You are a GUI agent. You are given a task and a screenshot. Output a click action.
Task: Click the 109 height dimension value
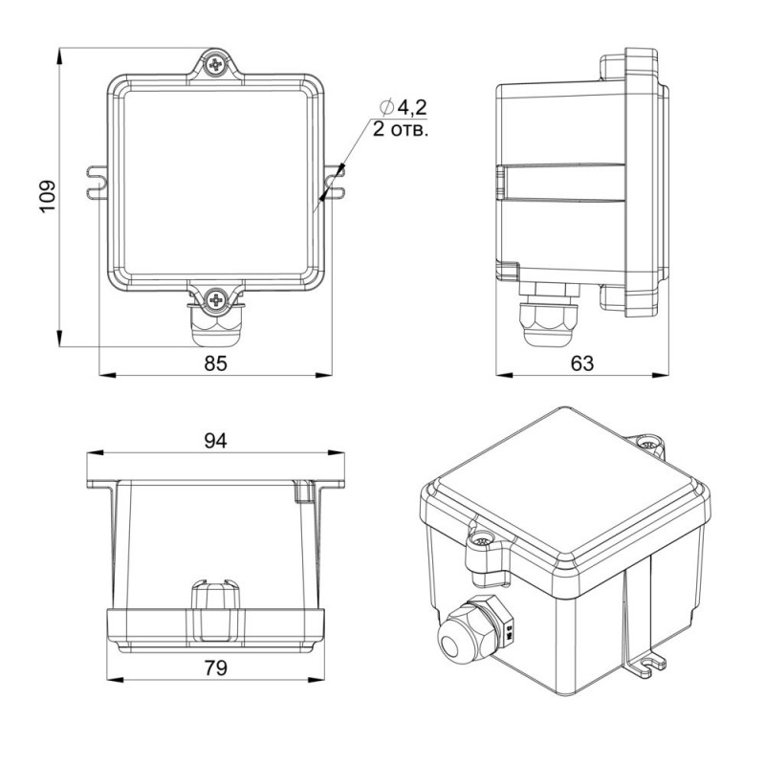[47, 197]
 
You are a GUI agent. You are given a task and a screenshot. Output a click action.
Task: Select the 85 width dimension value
[216, 363]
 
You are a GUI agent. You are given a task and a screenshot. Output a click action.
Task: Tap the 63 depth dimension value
[582, 363]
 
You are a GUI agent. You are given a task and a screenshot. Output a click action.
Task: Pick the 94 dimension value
[216, 441]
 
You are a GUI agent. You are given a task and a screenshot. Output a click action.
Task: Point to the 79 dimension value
[216, 667]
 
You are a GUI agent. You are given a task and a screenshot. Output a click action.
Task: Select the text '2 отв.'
[401, 130]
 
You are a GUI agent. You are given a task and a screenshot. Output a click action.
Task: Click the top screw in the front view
[215, 64]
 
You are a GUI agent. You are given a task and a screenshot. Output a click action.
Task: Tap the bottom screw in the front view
[215, 298]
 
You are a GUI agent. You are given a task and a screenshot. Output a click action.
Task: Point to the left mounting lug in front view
[98, 183]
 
